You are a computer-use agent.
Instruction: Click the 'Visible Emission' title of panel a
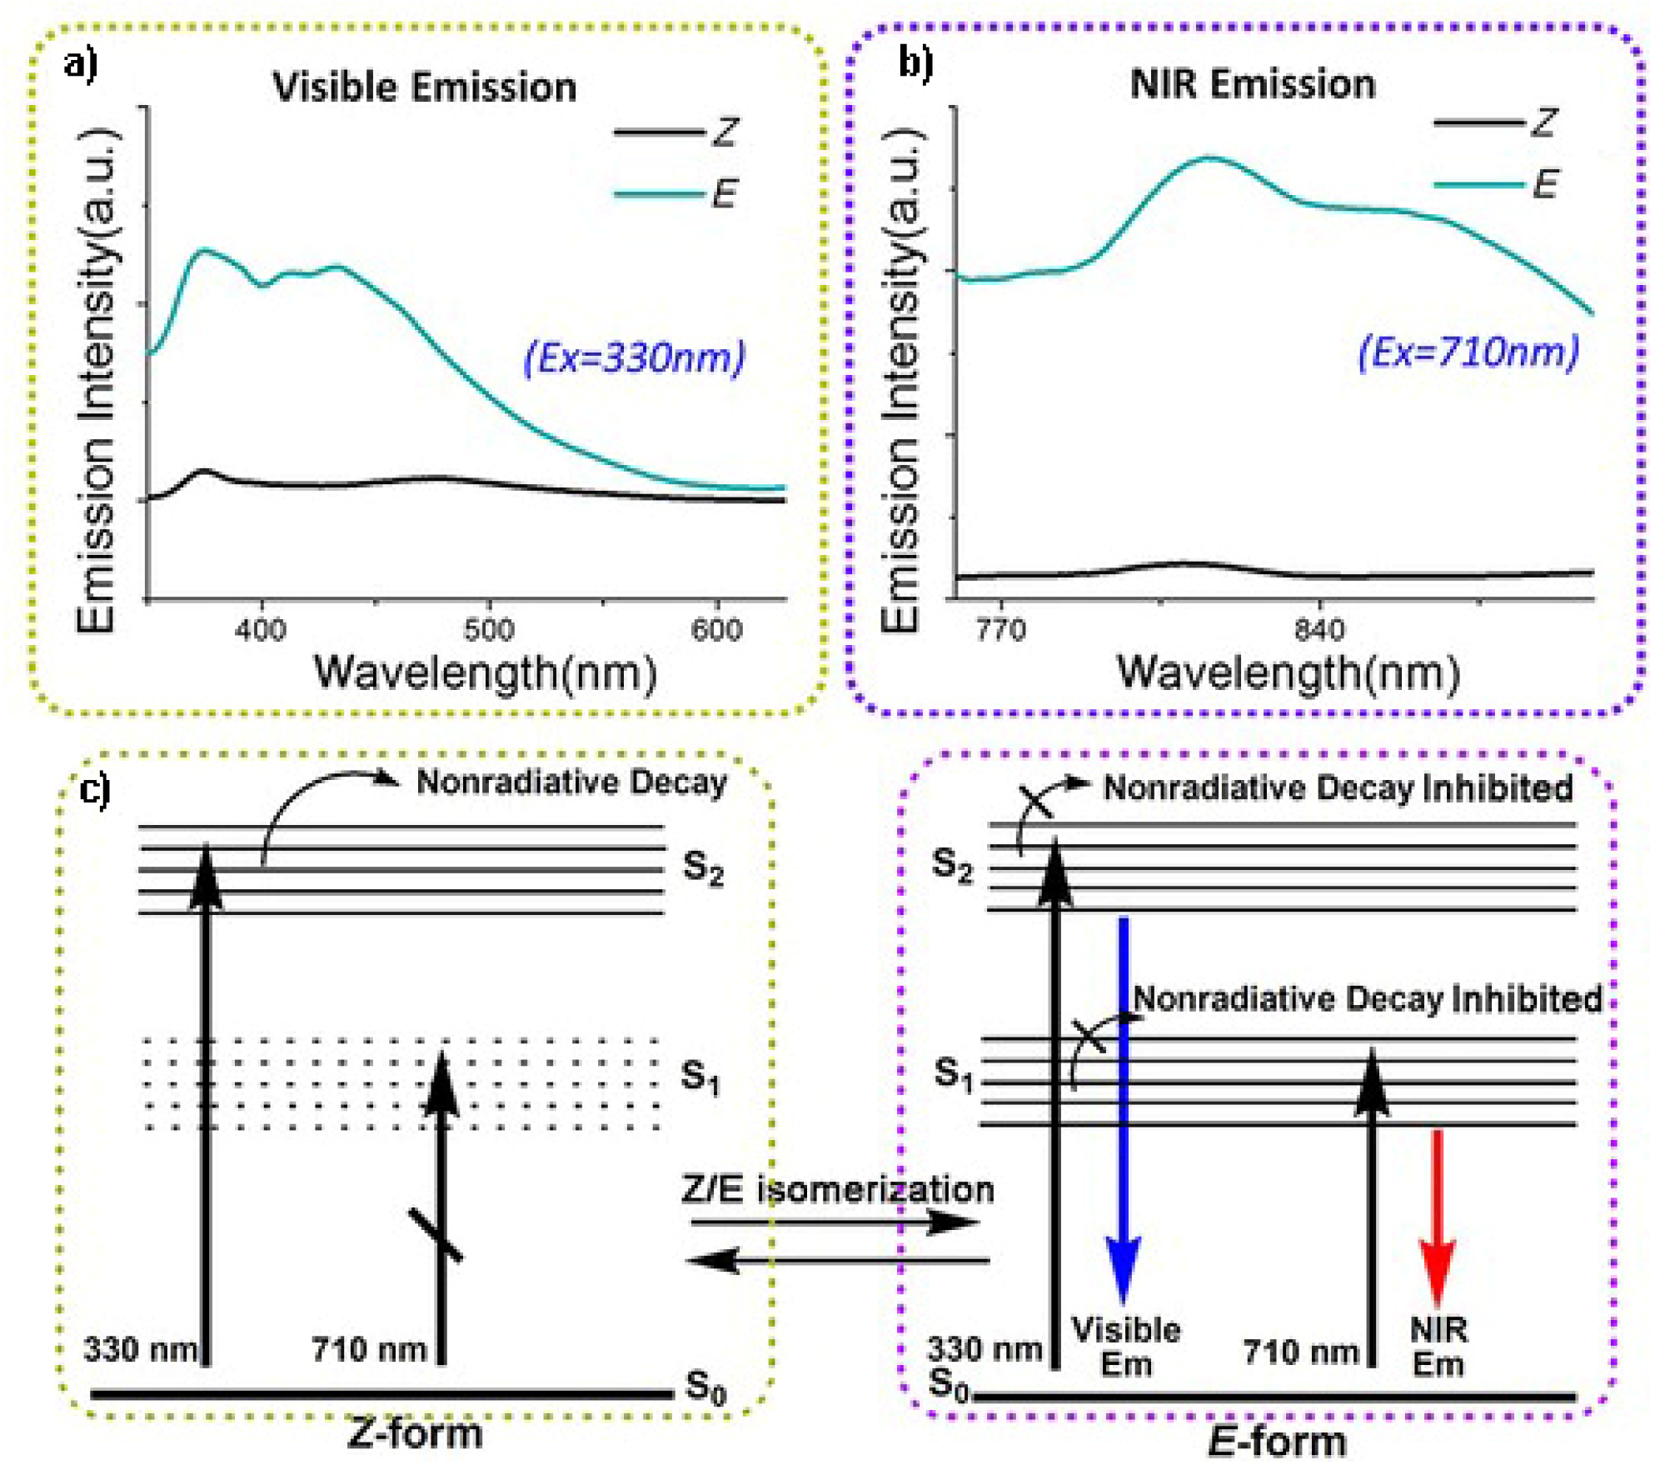[x=425, y=87]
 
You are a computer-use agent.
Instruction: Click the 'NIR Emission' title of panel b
[x=1252, y=85]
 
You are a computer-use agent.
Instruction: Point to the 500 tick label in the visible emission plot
[x=489, y=629]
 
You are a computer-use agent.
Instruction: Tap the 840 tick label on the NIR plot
[x=1319, y=629]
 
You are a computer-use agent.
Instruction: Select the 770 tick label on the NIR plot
[x=1000, y=629]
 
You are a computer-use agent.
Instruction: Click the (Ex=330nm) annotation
[x=634, y=357]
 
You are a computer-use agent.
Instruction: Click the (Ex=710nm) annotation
[x=1468, y=352]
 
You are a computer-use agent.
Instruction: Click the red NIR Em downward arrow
[x=1437, y=1217]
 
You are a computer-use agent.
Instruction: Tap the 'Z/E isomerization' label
[x=838, y=1190]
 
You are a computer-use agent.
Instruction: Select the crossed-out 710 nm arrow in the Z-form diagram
[x=441, y=1208]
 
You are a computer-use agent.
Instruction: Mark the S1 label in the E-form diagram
[x=953, y=1073]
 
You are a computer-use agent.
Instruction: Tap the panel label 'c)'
[x=95, y=788]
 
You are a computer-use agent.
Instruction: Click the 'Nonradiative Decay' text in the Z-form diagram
[x=571, y=782]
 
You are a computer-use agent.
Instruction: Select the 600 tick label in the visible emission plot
[x=716, y=629]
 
